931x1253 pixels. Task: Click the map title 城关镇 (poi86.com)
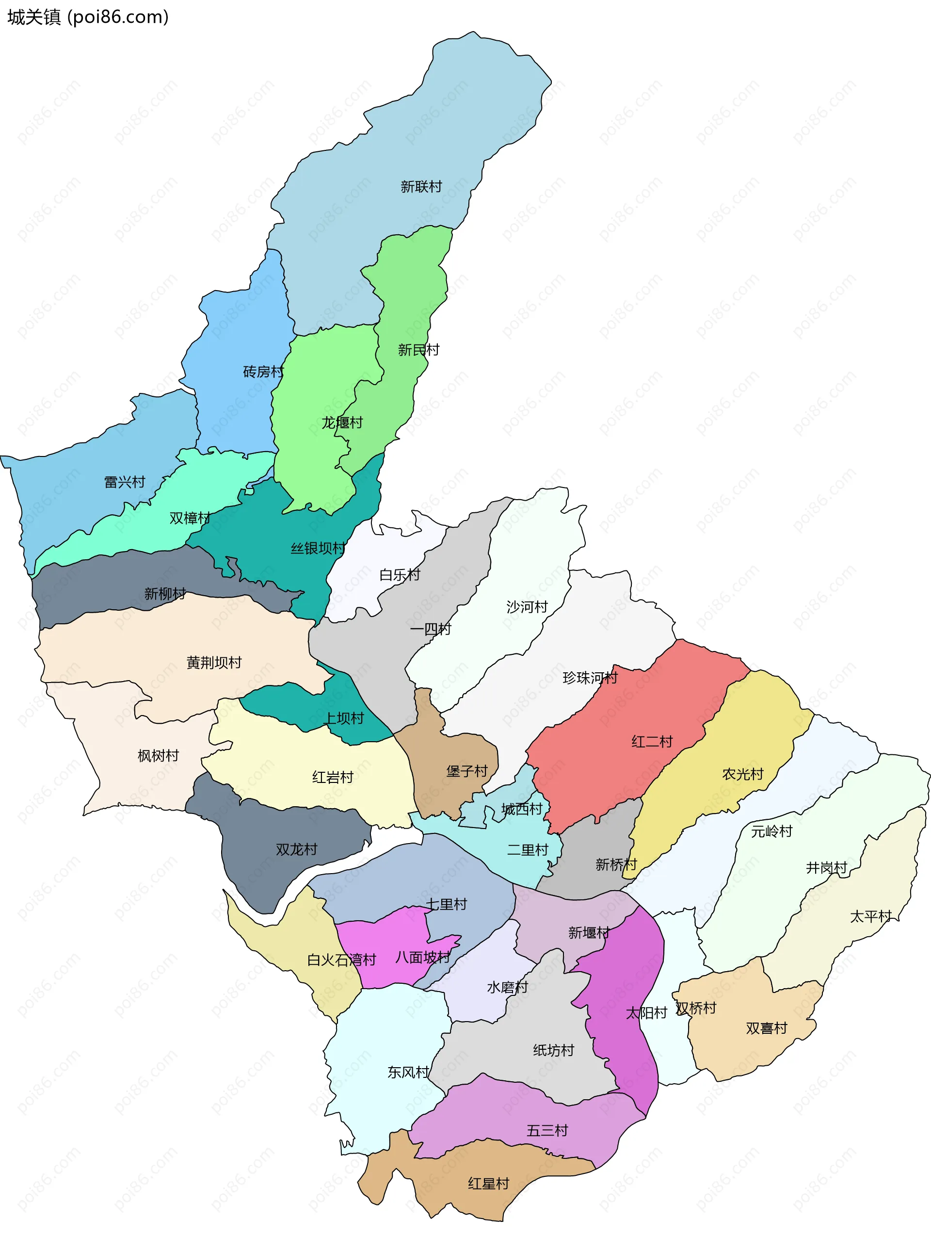pos(88,17)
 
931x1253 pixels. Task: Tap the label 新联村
pos(421,187)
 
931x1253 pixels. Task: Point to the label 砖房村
pos(263,372)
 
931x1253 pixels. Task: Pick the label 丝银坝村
pos(317,549)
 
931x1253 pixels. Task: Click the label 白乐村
pos(400,575)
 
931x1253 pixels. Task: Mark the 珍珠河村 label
pos(590,678)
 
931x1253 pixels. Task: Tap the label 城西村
pos(522,810)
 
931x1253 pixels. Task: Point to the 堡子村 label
pos(466,771)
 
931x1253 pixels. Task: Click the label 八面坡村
pos(423,957)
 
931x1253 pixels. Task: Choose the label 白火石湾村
pos(341,960)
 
